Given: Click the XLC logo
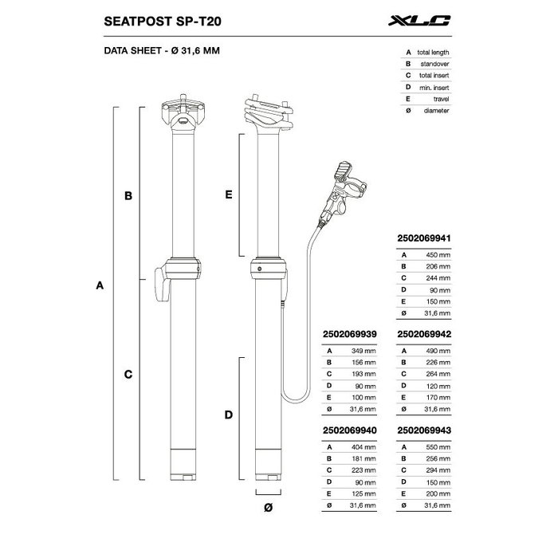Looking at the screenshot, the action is (419, 21).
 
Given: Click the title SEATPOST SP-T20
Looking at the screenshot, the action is (163, 22).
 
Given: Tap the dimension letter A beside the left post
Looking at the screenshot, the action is (100, 285).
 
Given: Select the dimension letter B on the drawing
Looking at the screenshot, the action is (128, 196).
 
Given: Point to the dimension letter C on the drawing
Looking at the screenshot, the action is (128, 375).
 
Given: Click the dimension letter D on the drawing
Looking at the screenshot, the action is (229, 415).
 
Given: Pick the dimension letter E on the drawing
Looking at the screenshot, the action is (229, 195).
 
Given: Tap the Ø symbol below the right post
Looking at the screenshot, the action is (269, 508).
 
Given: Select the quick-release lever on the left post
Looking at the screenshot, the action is (163, 285).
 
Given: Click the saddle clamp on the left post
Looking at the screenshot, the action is (183, 112).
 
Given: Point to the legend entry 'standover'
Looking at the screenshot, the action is (434, 64).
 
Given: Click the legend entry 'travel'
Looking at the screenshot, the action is (442, 99).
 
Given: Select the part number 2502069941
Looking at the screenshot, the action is (424, 238).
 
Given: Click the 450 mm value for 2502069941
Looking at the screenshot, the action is (438, 255).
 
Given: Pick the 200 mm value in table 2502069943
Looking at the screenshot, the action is (438, 493).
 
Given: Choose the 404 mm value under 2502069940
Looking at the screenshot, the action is (363, 447).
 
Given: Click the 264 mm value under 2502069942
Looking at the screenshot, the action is (438, 374).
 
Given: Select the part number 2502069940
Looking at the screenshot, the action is (350, 430).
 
